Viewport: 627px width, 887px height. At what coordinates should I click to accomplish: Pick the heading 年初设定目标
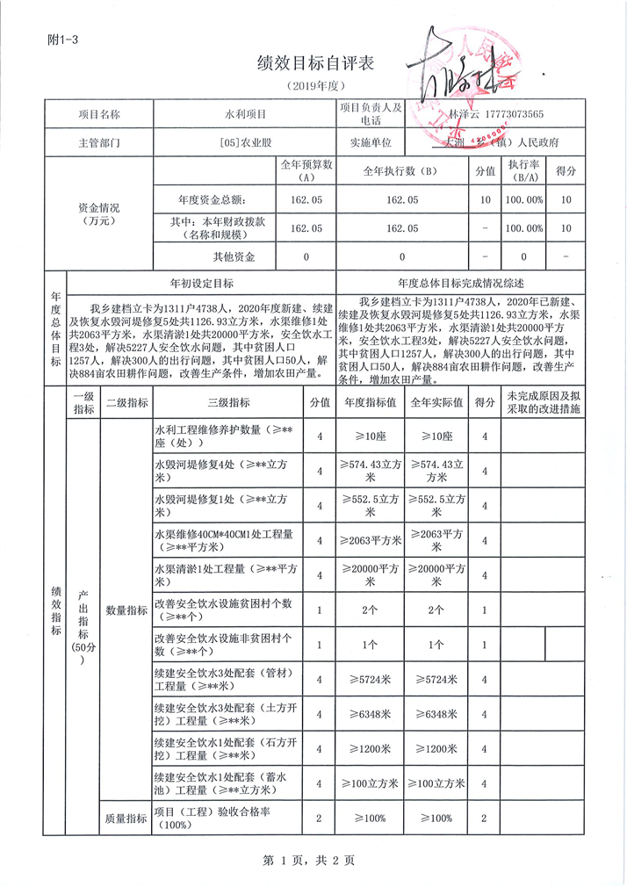[201, 284]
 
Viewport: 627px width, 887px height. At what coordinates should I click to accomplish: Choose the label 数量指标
[126, 609]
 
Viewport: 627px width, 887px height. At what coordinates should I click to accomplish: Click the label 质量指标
[126, 818]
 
